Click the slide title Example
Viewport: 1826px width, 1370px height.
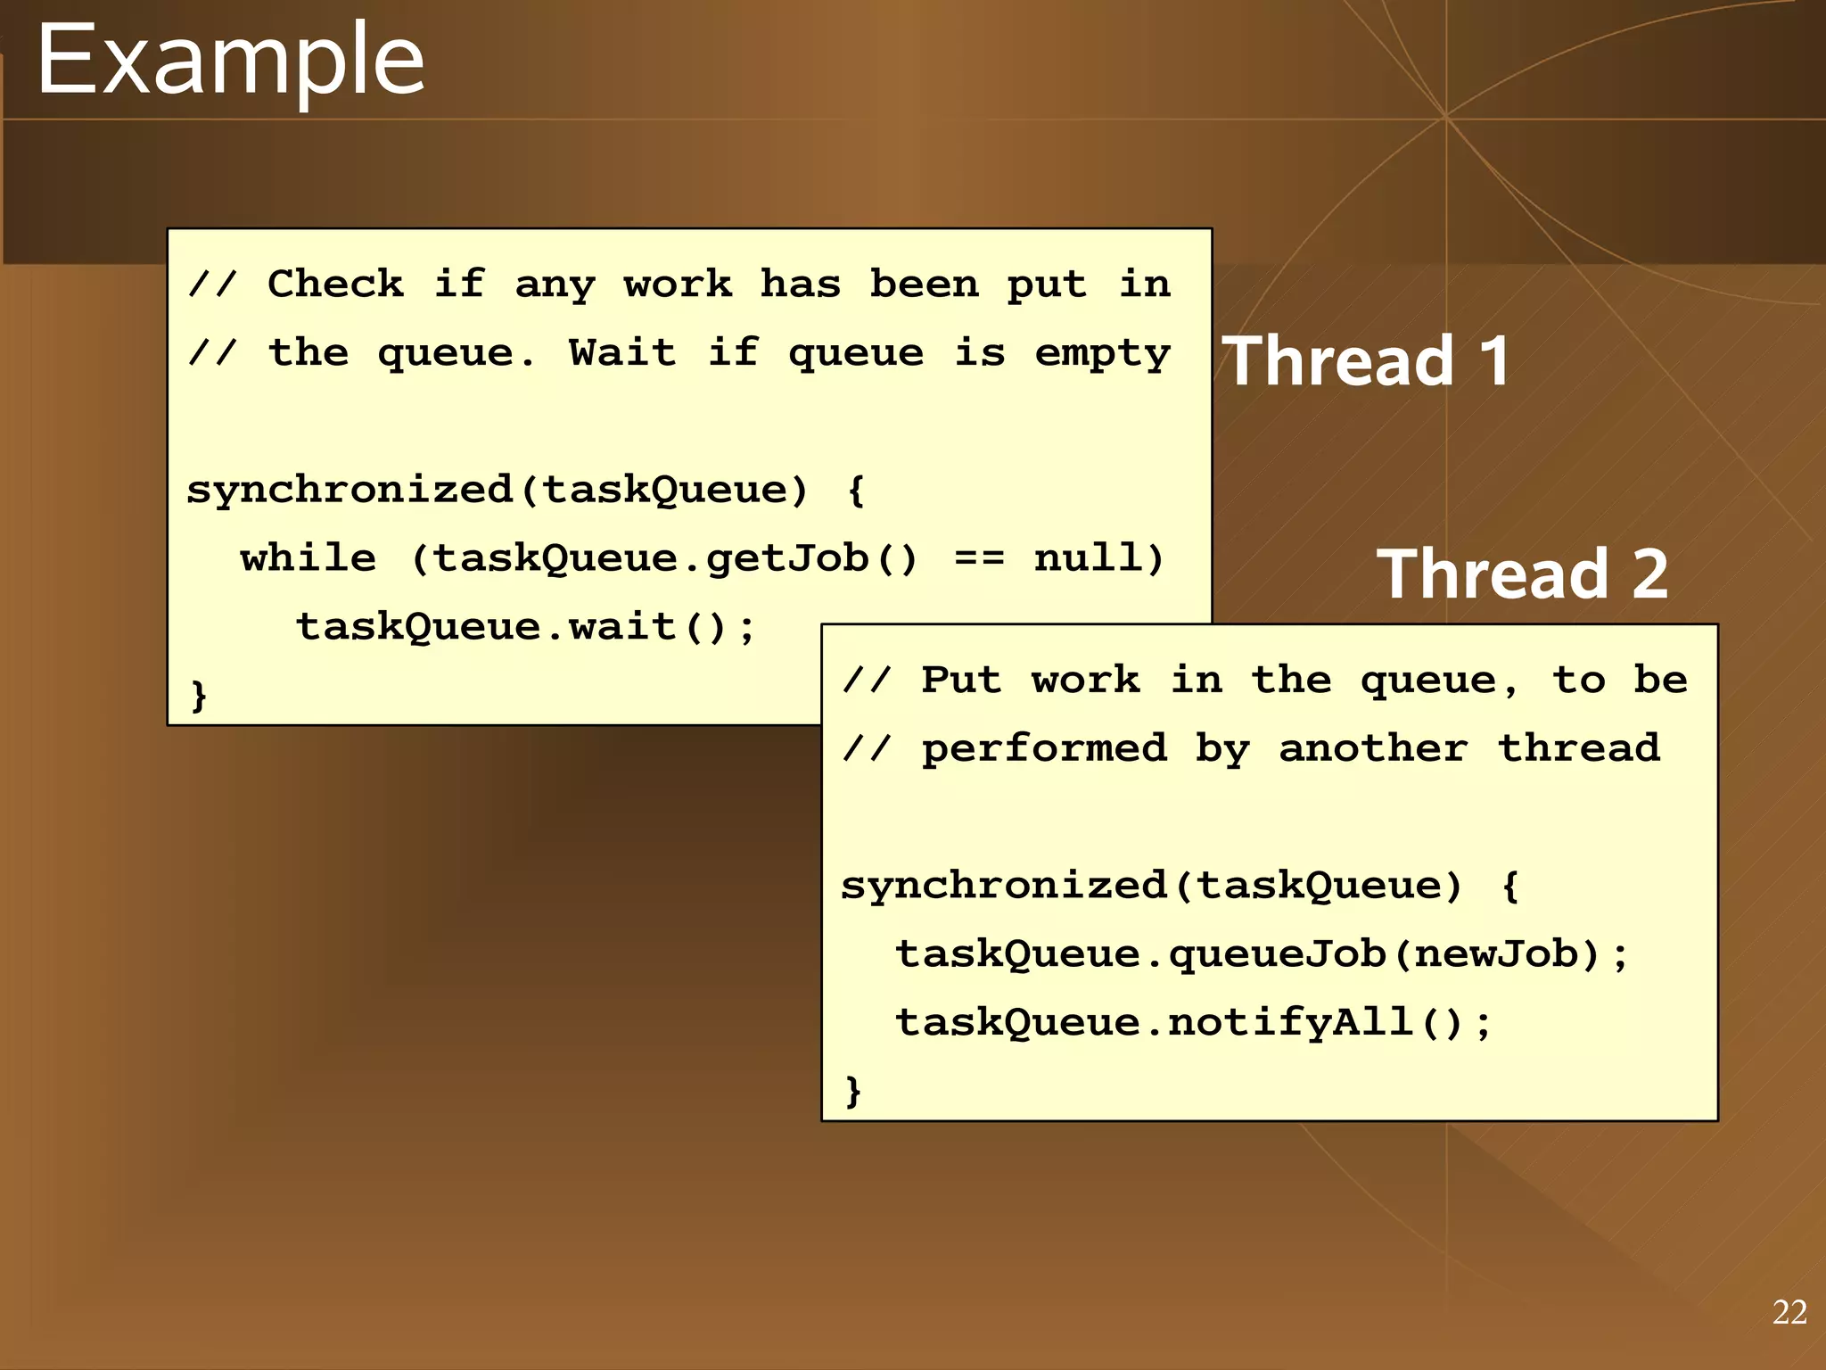tap(230, 61)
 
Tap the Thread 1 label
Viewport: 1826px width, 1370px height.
tap(1365, 360)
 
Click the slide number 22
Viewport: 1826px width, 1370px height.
tap(1789, 1312)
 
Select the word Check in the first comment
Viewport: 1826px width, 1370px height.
tap(335, 284)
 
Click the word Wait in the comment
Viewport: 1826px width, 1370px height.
tap(622, 352)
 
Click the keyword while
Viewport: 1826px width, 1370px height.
tap(308, 558)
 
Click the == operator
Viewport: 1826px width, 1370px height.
tap(978, 559)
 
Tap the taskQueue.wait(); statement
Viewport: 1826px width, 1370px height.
tap(525, 627)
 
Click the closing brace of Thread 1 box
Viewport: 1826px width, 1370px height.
tap(199, 695)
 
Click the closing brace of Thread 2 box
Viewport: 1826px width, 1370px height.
tap(853, 1090)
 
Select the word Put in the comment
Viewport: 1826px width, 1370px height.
tap(961, 680)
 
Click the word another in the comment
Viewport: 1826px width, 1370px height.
tap(1372, 748)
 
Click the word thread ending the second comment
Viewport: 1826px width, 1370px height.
tap(1578, 748)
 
